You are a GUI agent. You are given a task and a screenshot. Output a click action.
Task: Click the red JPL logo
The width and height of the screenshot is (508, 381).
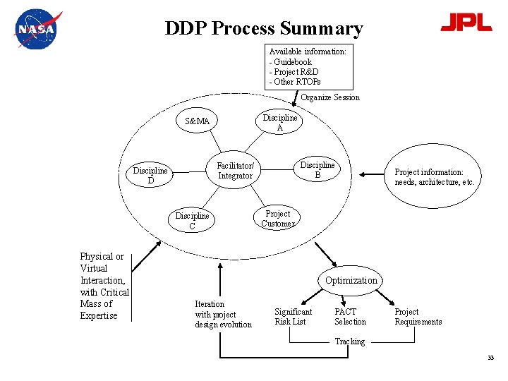click(466, 23)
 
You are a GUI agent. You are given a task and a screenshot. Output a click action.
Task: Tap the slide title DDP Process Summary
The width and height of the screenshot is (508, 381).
click(263, 28)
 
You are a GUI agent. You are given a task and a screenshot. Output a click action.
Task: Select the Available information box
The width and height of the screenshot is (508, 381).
click(308, 66)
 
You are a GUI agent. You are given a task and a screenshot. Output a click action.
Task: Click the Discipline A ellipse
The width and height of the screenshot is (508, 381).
click(280, 123)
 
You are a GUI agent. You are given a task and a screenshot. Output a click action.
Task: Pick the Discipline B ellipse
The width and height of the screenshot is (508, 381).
click(317, 170)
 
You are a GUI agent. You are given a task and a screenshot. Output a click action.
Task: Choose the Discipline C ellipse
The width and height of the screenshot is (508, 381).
click(192, 221)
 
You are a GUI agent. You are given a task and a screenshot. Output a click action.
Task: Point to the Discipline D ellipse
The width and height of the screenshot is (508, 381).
click(150, 175)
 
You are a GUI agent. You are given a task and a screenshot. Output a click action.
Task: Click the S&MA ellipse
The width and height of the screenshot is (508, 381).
click(198, 121)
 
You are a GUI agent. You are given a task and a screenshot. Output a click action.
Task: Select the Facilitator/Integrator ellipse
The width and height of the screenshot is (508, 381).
click(235, 171)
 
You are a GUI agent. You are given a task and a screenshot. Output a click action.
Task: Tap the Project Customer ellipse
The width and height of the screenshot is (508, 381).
click(277, 219)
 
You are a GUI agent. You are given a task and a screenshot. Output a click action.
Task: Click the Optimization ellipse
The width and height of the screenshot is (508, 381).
click(351, 280)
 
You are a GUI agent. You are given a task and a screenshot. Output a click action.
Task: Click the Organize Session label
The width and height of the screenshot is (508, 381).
click(330, 97)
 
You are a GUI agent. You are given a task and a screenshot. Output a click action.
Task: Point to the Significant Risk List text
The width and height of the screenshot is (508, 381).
click(294, 317)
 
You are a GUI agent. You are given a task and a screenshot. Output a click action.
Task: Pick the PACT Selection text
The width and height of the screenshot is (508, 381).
click(350, 317)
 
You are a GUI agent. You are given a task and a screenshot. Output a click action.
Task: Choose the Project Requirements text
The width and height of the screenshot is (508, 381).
click(418, 317)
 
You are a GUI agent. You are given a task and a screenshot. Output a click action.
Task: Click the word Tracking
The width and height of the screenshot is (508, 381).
click(350, 341)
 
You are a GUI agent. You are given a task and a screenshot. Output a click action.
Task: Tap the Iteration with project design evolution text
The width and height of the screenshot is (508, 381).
click(223, 314)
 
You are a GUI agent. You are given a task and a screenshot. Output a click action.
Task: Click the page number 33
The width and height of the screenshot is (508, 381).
click(490, 358)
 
